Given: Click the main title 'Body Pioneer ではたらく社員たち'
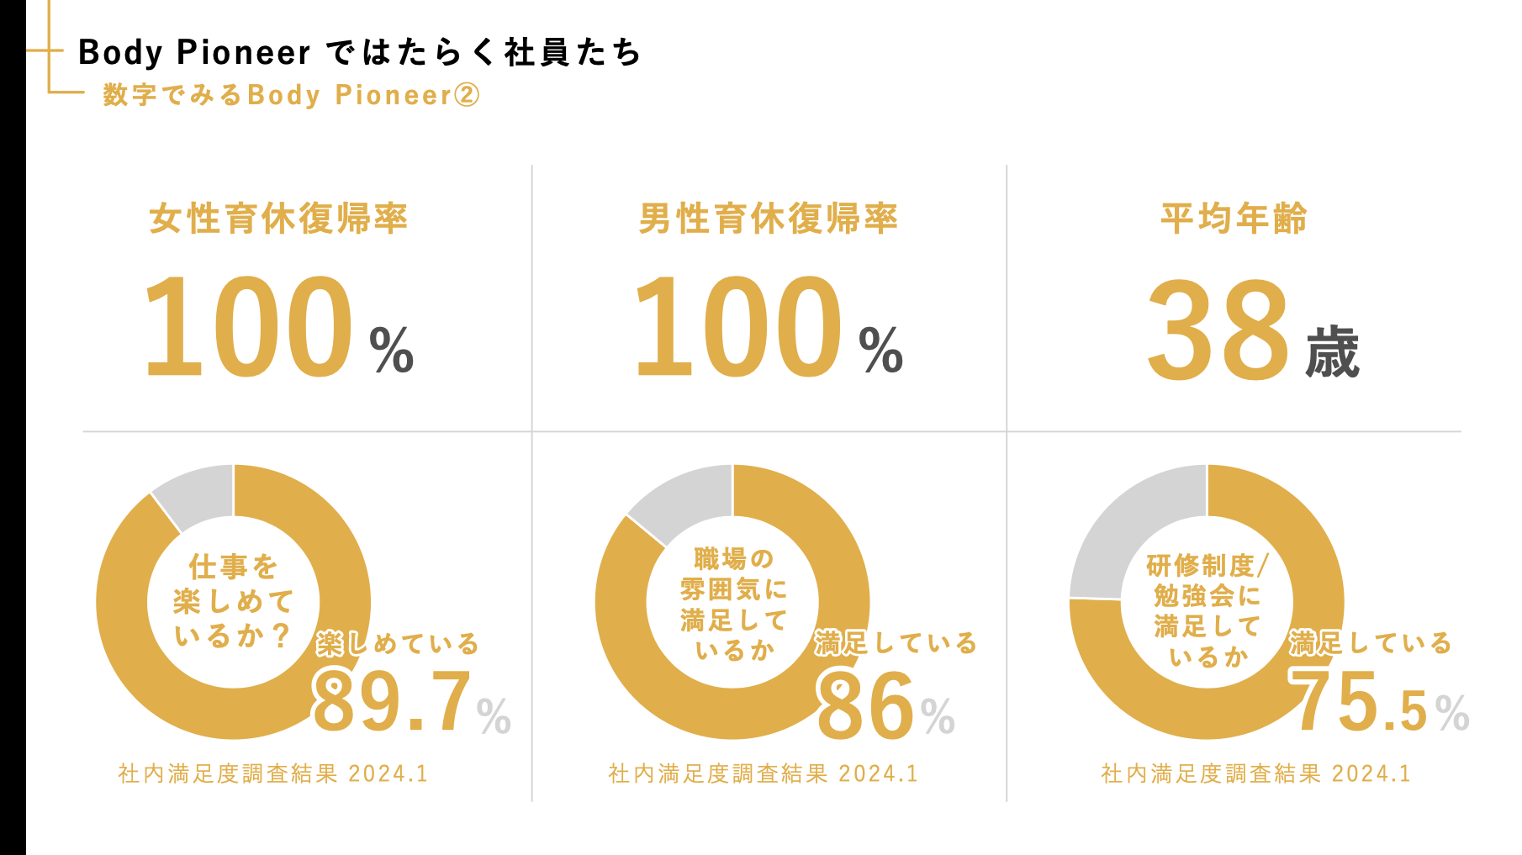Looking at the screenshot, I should [359, 52].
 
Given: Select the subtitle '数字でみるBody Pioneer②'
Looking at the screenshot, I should [291, 95].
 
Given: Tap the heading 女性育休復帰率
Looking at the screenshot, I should [278, 219].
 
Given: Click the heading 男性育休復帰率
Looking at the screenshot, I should [768, 219].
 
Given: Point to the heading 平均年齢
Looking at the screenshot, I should [1234, 219].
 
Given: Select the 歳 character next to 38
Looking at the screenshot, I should [1332, 353].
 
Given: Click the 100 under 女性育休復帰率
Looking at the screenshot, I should [248, 328].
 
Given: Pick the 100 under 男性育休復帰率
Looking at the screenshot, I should [737, 328].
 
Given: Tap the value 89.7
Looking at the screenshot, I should [391, 703].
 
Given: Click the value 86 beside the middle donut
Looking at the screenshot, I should [864, 706].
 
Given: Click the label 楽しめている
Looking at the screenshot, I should [398, 644].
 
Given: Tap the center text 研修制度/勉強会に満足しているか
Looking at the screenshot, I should [1207, 610].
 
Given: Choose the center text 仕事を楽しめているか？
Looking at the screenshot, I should [233, 601].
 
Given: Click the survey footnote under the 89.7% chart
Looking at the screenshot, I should [273, 773].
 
